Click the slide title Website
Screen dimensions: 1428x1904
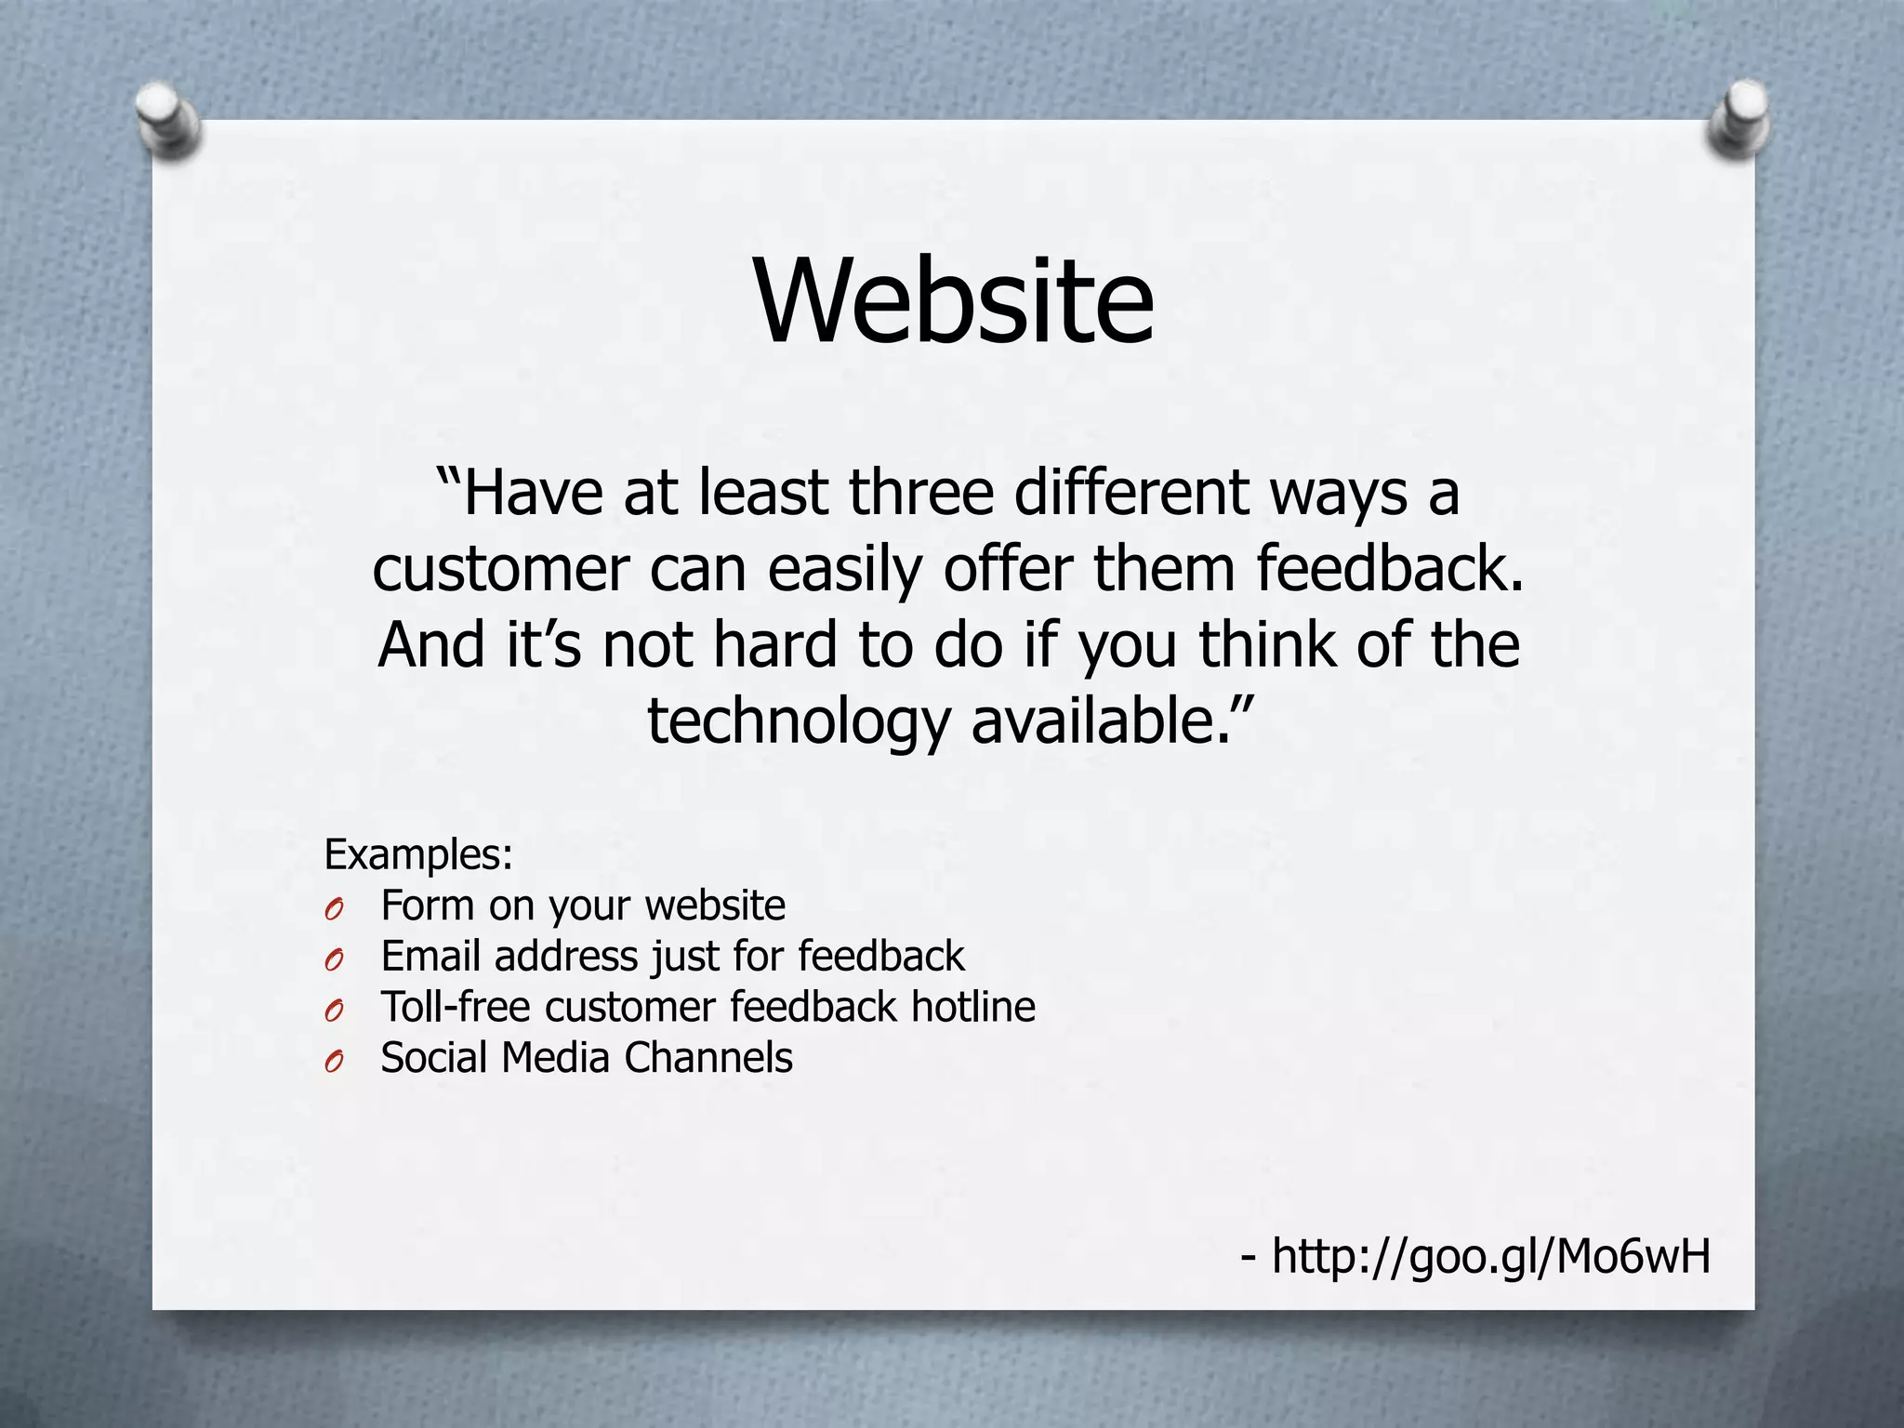954,300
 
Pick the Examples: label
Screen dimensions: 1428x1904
418,854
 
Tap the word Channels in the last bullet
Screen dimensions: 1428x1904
708,1058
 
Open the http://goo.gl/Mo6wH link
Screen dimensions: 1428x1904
1490,1256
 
